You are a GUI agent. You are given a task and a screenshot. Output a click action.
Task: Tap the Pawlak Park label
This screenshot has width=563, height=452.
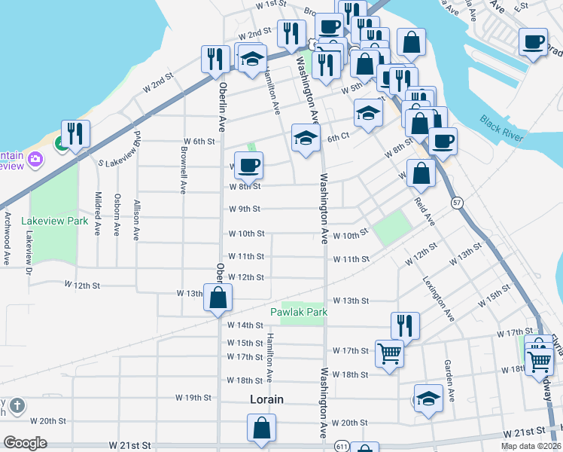point(298,312)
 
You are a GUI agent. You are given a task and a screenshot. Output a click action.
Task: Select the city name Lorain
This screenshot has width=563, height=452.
point(266,399)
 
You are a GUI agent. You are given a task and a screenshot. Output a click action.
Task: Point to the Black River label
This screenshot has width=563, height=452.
point(501,125)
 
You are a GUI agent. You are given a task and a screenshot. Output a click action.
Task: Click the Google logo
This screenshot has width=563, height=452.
point(25,443)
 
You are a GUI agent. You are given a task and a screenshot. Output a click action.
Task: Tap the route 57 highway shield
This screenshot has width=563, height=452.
point(457,203)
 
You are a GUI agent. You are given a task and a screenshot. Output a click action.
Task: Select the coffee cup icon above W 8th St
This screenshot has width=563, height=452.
point(248,164)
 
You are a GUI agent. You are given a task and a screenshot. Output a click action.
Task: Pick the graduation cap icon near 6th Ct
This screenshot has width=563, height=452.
point(305,139)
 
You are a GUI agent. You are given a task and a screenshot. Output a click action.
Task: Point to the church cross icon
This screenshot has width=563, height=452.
point(17,406)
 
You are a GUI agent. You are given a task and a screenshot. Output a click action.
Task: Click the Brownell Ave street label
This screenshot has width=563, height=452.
point(184,169)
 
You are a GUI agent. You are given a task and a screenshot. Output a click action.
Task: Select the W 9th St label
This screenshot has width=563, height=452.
point(245,209)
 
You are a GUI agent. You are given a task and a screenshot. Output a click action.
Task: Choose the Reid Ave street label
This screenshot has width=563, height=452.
point(425,212)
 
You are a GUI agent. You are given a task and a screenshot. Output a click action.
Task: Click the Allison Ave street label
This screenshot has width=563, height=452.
point(136,219)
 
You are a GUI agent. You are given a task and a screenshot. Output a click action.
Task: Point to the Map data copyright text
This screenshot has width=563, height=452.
point(531,446)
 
